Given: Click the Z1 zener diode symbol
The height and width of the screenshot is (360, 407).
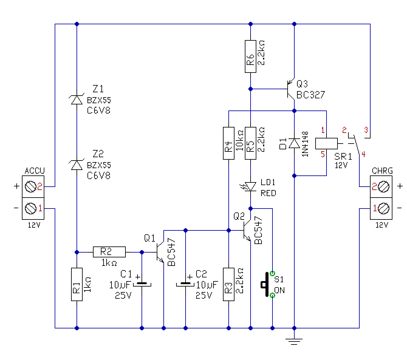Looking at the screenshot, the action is click(77, 100).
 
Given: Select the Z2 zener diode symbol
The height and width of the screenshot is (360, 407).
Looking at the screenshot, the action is click(77, 165).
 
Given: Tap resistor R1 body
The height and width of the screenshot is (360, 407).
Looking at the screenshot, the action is click(77, 285).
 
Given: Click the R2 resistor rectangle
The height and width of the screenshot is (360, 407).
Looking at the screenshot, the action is click(109, 252).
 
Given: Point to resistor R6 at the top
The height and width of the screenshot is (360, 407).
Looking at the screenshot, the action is click(250, 56).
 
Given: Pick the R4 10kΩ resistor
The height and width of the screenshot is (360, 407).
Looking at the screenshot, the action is click(228, 143).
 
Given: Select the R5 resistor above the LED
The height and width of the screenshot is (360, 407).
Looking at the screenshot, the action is click(250, 143).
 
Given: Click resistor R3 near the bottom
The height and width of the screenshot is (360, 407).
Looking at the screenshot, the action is click(228, 285).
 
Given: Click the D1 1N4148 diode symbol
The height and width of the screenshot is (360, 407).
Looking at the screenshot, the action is click(294, 143).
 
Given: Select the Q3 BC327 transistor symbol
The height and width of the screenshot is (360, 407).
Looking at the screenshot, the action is click(291, 89).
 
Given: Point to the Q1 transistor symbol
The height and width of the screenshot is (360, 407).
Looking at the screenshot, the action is click(160, 252).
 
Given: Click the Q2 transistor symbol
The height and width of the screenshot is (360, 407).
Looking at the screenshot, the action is click(247, 230).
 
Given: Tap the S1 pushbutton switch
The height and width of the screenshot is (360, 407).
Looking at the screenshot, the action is click(267, 284).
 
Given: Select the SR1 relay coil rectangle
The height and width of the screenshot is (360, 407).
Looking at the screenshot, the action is click(327, 143).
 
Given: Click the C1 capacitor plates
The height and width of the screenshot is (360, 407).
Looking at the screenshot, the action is click(142, 284).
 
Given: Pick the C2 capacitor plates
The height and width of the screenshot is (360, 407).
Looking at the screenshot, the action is click(185, 284).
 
